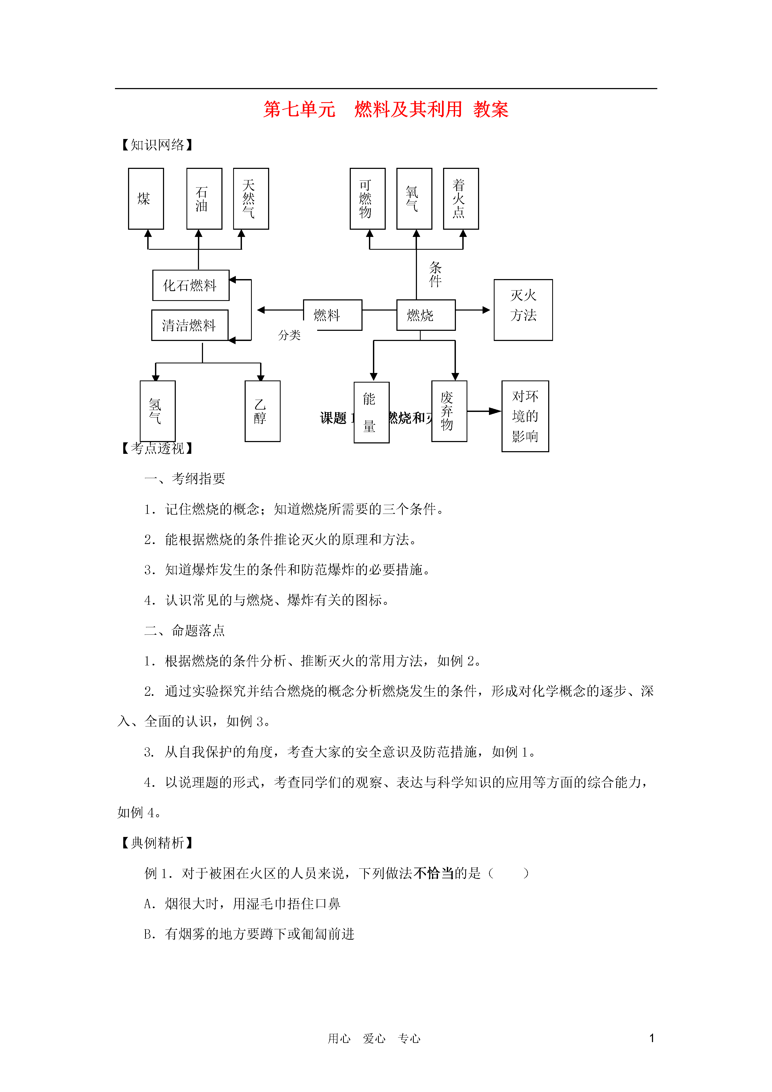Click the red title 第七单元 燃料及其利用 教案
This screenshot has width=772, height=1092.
[x=386, y=109]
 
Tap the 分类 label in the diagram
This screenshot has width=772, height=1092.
[x=289, y=335]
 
